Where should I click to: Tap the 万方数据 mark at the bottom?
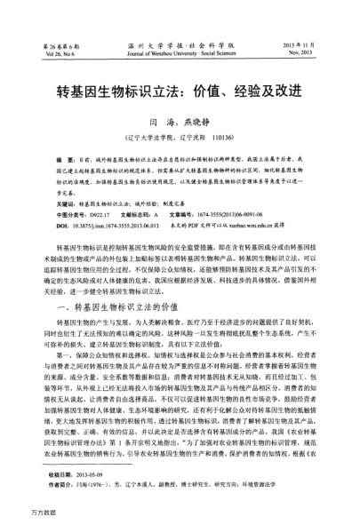click(18, 514)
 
